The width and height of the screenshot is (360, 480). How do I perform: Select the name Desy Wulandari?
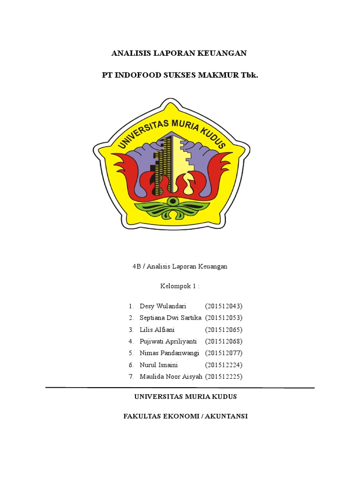(163, 306)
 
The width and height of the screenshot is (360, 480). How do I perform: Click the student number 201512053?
(224, 318)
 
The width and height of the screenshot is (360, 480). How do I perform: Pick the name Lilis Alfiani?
(157, 330)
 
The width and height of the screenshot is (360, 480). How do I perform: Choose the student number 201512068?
(224, 341)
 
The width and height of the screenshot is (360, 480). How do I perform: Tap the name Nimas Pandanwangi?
(169, 353)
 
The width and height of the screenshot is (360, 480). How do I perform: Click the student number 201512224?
(224, 365)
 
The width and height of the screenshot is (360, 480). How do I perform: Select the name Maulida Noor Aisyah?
(171, 376)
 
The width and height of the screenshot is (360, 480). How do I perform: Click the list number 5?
(131, 353)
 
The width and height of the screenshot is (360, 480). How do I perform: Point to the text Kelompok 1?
(180, 286)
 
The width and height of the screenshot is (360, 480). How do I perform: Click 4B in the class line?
(136, 266)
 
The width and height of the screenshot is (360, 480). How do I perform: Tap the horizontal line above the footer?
(180, 388)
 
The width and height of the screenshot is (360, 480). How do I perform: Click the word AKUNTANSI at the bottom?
(225, 416)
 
